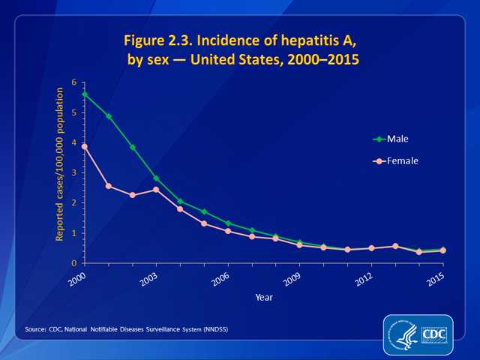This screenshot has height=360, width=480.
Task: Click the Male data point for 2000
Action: tap(85, 94)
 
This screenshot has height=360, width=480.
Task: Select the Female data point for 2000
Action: tap(85, 147)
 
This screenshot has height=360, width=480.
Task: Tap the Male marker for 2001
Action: tap(109, 116)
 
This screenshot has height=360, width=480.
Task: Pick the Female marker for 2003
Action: tap(156, 189)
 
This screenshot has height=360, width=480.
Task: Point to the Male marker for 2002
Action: tap(133, 147)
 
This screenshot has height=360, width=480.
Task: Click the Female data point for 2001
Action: tap(109, 185)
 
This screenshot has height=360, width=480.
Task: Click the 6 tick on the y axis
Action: tap(74, 82)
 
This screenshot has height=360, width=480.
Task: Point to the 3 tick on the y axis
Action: tap(74, 172)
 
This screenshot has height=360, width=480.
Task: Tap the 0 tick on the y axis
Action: tap(74, 263)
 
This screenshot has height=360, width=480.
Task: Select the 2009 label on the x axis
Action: tap(291, 279)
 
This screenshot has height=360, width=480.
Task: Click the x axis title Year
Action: tap(262, 297)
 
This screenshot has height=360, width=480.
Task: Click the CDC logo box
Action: tap(434, 334)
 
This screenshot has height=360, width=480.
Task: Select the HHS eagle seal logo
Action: tap(402, 334)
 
